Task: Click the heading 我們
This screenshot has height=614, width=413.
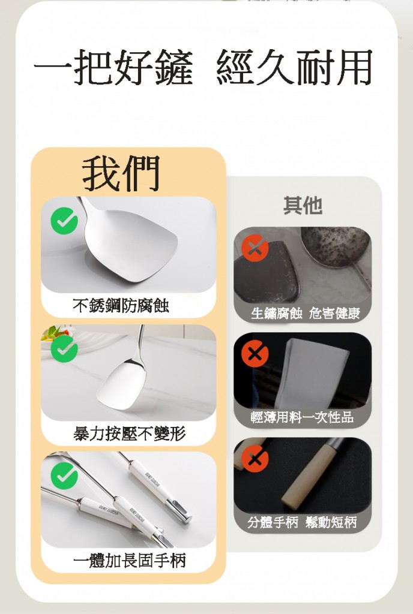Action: pyautogui.click(x=121, y=173)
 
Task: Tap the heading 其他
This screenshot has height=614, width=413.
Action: pyautogui.click(x=303, y=205)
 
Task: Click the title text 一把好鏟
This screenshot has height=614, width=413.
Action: pyautogui.click(x=113, y=67)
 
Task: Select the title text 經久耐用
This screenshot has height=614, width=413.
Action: pyautogui.click(x=294, y=67)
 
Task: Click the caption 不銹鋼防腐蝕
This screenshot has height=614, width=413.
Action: pyautogui.click(x=121, y=305)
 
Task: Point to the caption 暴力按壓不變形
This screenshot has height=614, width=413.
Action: pyautogui.click(x=129, y=434)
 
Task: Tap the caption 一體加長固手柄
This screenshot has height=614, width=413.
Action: pyautogui.click(x=129, y=561)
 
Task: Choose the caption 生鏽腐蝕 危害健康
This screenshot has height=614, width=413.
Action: pyautogui.click(x=305, y=313)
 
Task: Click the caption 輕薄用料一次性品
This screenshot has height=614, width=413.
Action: pyautogui.click(x=302, y=417)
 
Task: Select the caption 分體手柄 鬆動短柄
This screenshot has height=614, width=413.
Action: pyautogui.click(x=302, y=522)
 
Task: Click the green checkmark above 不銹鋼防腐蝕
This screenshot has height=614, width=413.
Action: pyautogui.click(x=64, y=221)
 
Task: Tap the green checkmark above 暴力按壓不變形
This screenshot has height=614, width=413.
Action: pyautogui.click(x=64, y=348)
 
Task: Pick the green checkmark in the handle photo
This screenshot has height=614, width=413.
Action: pyautogui.click(x=64, y=475)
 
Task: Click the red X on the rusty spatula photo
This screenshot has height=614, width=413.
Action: pyautogui.click(x=255, y=248)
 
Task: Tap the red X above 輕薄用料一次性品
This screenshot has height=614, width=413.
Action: pyautogui.click(x=255, y=354)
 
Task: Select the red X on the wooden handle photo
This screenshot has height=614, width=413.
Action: pyautogui.click(x=255, y=459)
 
